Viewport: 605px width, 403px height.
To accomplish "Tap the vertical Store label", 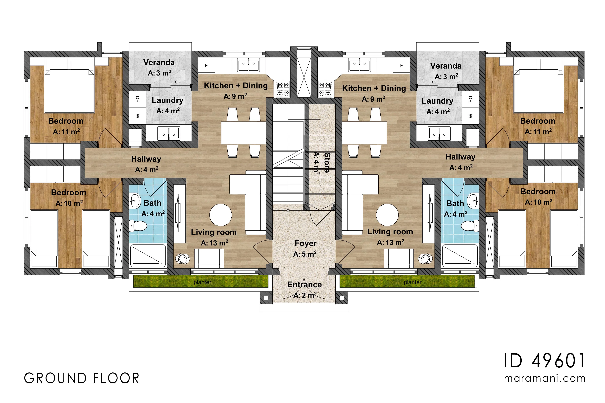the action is coord(327,162).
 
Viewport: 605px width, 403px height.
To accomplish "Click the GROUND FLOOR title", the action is coord(82,378).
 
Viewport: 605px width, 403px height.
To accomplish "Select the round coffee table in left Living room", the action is coord(221,215).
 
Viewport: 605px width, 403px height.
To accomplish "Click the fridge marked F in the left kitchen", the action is coord(206,66).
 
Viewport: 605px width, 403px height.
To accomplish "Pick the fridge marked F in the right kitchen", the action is coord(402,66).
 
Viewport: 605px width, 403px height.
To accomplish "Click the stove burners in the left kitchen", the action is coord(283,89).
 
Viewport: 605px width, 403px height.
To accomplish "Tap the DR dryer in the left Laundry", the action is coord(137,99).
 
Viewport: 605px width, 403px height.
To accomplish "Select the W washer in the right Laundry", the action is coord(470,116).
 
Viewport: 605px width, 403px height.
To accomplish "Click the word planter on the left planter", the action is coord(202,282).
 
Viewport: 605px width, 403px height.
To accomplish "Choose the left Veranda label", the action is coord(159,62).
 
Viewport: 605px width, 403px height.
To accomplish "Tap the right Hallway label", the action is coord(460,157).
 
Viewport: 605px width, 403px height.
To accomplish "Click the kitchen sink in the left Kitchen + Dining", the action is coord(249,65).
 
